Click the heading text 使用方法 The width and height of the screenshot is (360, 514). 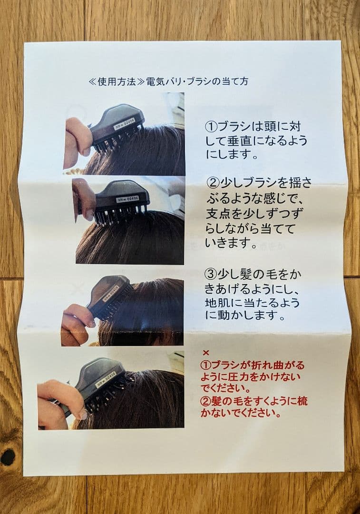tap(117, 81)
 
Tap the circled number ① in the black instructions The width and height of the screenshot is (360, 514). tap(211, 126)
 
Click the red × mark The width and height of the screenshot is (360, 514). tap(206, 353)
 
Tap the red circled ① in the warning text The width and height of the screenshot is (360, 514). tap(206, 365)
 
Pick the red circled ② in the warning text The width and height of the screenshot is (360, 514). tap(206, 401)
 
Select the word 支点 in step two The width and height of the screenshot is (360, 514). tap(218, 214)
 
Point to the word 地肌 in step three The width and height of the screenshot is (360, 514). tap(216, 302)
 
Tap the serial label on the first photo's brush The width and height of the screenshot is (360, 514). tap(124, 124)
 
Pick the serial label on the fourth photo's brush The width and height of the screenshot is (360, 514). tap(106, 378)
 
